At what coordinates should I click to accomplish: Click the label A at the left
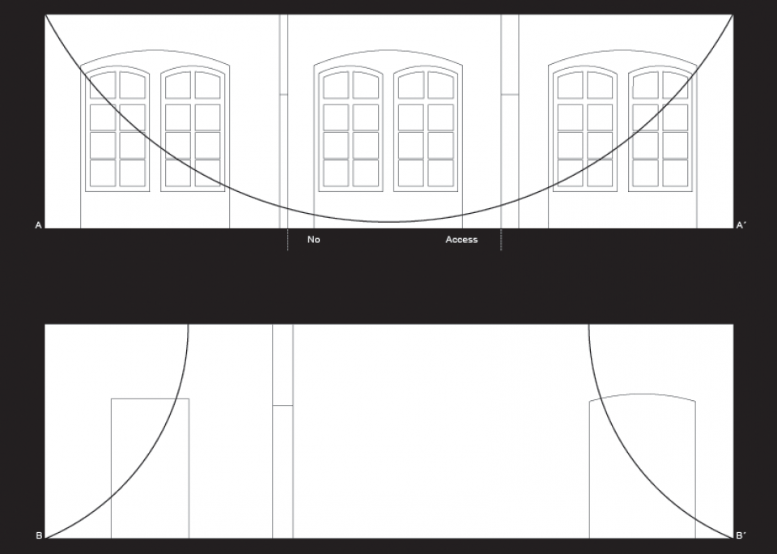(x=39, y=225)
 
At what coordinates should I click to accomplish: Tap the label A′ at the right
(x=740, y=225)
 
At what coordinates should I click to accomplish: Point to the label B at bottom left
(x=39, y=535)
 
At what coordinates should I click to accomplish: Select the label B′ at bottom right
(x=741, y=535)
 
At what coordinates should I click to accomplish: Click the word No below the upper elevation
(x=314, y=240)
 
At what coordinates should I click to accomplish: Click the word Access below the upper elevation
(x=461, y=240)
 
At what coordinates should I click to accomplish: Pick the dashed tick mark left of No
(x=287, y=240)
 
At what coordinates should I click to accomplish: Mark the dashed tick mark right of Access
(x=501, y=240)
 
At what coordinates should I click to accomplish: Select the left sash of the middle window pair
(x=350, y=130)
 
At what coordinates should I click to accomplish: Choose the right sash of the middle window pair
(x=426, y=130)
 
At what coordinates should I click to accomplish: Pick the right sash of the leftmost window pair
(x=193, y=130)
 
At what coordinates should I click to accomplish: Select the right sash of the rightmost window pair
(x=660, y=130)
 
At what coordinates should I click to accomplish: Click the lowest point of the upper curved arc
(x=389, y=222)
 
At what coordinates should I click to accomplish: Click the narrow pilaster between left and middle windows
(x=283, y=121)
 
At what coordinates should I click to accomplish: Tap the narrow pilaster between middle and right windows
(x=510, y=121)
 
